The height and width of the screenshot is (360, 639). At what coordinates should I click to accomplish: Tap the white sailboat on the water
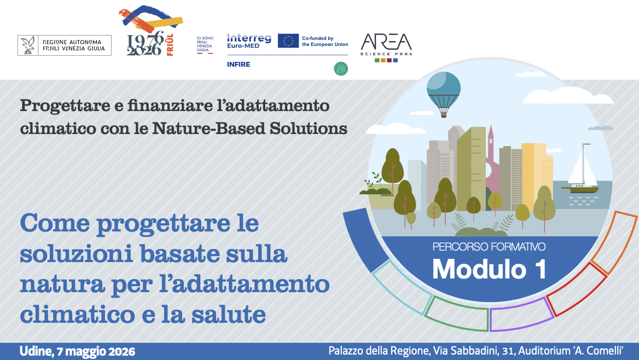[x=580, y=169]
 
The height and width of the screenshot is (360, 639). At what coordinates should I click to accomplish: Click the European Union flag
[x=288, y=41]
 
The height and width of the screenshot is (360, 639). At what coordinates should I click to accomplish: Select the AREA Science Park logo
[x=386, y=47]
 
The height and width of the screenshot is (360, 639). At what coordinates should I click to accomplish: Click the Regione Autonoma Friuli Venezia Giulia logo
[x=65, y=45]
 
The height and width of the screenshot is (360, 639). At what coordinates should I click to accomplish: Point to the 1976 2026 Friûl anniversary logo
[x=150, y=31]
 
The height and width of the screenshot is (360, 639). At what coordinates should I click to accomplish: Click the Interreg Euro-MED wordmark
[x=249, y=41]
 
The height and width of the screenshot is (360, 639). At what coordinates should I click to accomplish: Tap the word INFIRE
[x=239, y=65]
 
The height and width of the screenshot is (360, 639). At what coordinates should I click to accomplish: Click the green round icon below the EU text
[x=341, y=68]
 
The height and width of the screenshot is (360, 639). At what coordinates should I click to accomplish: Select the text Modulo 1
[x=489, y=270]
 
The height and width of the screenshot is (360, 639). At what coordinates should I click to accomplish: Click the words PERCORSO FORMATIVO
[x=489, y=247]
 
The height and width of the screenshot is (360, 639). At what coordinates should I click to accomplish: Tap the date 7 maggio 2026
[x=96, y=351]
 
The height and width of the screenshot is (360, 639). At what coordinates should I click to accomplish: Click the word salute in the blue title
[x=229, y=315]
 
